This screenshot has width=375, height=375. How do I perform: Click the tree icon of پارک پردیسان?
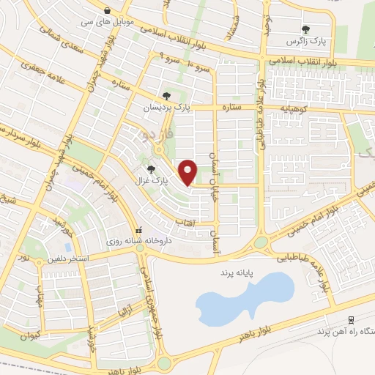167,95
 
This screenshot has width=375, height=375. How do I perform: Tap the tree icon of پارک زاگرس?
305,29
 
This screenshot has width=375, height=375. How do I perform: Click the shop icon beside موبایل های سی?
108,11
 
